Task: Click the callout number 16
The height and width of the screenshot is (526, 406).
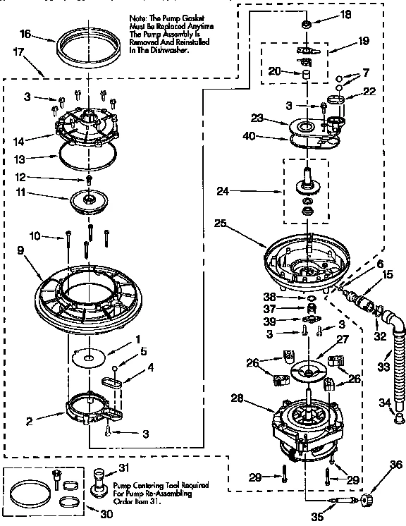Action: point(25,34)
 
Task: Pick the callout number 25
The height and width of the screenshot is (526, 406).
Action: point(220,224)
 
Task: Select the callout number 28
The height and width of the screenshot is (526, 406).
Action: point(238,399)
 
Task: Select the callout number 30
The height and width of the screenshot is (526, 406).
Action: point(106,514)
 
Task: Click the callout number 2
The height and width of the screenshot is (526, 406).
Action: point(29,422)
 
